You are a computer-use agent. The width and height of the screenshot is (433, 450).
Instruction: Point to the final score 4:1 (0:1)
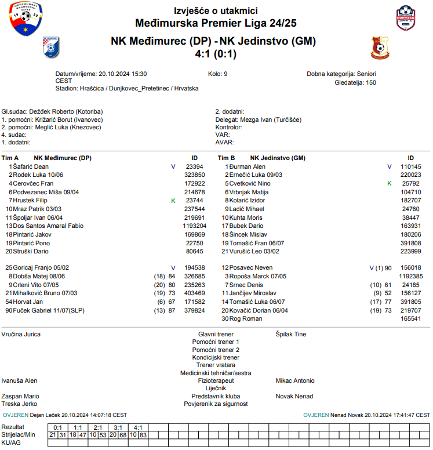pos(216,54)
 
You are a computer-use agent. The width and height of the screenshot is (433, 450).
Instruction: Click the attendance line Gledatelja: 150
pos(355,82)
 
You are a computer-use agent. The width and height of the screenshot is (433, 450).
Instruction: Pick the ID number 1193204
pos(194,225)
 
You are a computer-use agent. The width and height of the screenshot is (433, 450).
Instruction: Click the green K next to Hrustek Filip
pos(173,200)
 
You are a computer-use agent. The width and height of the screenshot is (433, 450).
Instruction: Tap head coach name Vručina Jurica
pos(21,334)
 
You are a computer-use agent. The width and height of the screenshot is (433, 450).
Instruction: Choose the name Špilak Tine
pos(290,334)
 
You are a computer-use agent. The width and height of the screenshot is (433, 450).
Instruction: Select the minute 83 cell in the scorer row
pos(143,434)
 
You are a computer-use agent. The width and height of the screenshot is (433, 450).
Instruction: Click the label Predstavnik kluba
pos(216,396)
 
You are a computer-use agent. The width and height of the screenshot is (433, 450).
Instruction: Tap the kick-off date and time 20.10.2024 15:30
pos(122,74)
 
